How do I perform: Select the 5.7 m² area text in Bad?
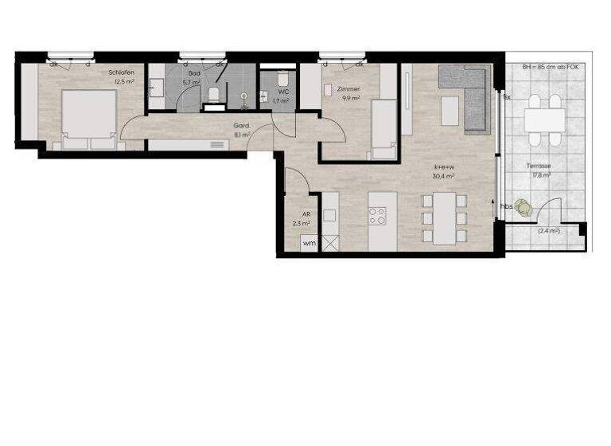[191, 82]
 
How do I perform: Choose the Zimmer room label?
[349, 89]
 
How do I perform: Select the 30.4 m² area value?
[443, 176]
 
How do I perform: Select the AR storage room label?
[305, 214]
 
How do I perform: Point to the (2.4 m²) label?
[548, 231]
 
